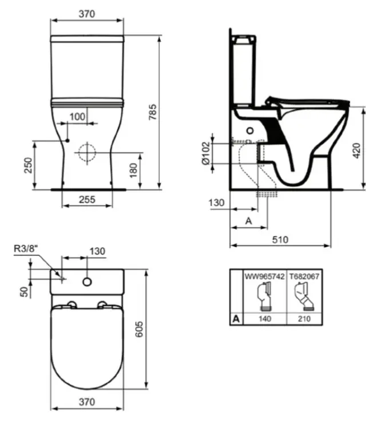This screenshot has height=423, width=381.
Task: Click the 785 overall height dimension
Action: tap(153, 112)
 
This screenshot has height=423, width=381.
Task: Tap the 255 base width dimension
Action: tap(87, 199)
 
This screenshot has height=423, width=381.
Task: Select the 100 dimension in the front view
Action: tap(77, 117)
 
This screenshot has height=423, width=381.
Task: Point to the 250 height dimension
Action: tap(28, 165)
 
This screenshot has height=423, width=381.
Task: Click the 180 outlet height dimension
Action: tap(133, 170)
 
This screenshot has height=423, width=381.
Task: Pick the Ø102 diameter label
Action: tap(205, 153)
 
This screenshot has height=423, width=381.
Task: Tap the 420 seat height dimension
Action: tap(356, 151)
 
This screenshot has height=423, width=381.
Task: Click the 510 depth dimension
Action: tap(280, 239)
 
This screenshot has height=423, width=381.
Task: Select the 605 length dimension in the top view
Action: tap(139, 329)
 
